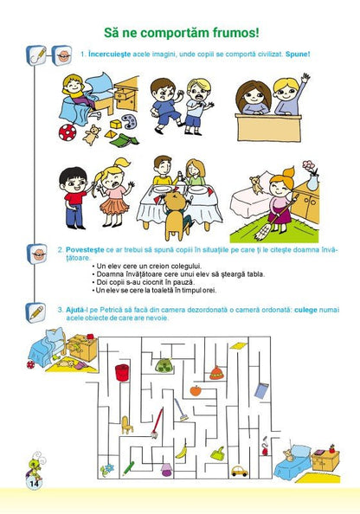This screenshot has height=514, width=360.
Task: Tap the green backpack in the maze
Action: click(164, 364)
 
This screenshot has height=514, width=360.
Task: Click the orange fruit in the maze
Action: click(196, 390)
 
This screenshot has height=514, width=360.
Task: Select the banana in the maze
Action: click(181, 451)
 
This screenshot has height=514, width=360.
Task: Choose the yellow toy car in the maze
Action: click(240, 471)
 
